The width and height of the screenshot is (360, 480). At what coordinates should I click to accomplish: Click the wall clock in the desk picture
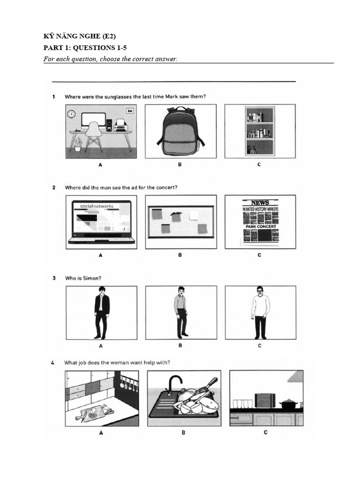[x=71, y=114]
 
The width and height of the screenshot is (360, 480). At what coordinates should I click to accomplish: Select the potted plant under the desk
[x=78, y=144]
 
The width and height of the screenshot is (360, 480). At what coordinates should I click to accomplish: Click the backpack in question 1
[x=180, y=131]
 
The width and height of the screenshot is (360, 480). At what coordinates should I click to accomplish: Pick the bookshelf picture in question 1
[x=260, y=131]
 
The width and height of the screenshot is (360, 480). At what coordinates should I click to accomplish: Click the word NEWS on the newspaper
[x=260, y=202]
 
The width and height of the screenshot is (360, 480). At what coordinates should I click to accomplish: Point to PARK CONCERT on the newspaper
[x=260, y=227]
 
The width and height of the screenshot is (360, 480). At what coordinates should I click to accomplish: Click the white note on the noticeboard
[x=194, y=215]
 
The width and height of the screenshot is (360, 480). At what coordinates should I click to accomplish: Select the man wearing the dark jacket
[x=102, y=312]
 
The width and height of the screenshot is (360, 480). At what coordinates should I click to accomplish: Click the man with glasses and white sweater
[x=260, y=312]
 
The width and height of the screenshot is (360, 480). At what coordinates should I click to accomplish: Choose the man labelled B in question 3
[x=181, y=312]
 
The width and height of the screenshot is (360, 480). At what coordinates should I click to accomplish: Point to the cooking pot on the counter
[x=287, y=404]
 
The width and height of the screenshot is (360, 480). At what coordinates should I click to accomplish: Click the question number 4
[x=54, y=362]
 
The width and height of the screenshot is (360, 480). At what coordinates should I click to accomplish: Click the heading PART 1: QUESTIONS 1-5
[x=85, y=47]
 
